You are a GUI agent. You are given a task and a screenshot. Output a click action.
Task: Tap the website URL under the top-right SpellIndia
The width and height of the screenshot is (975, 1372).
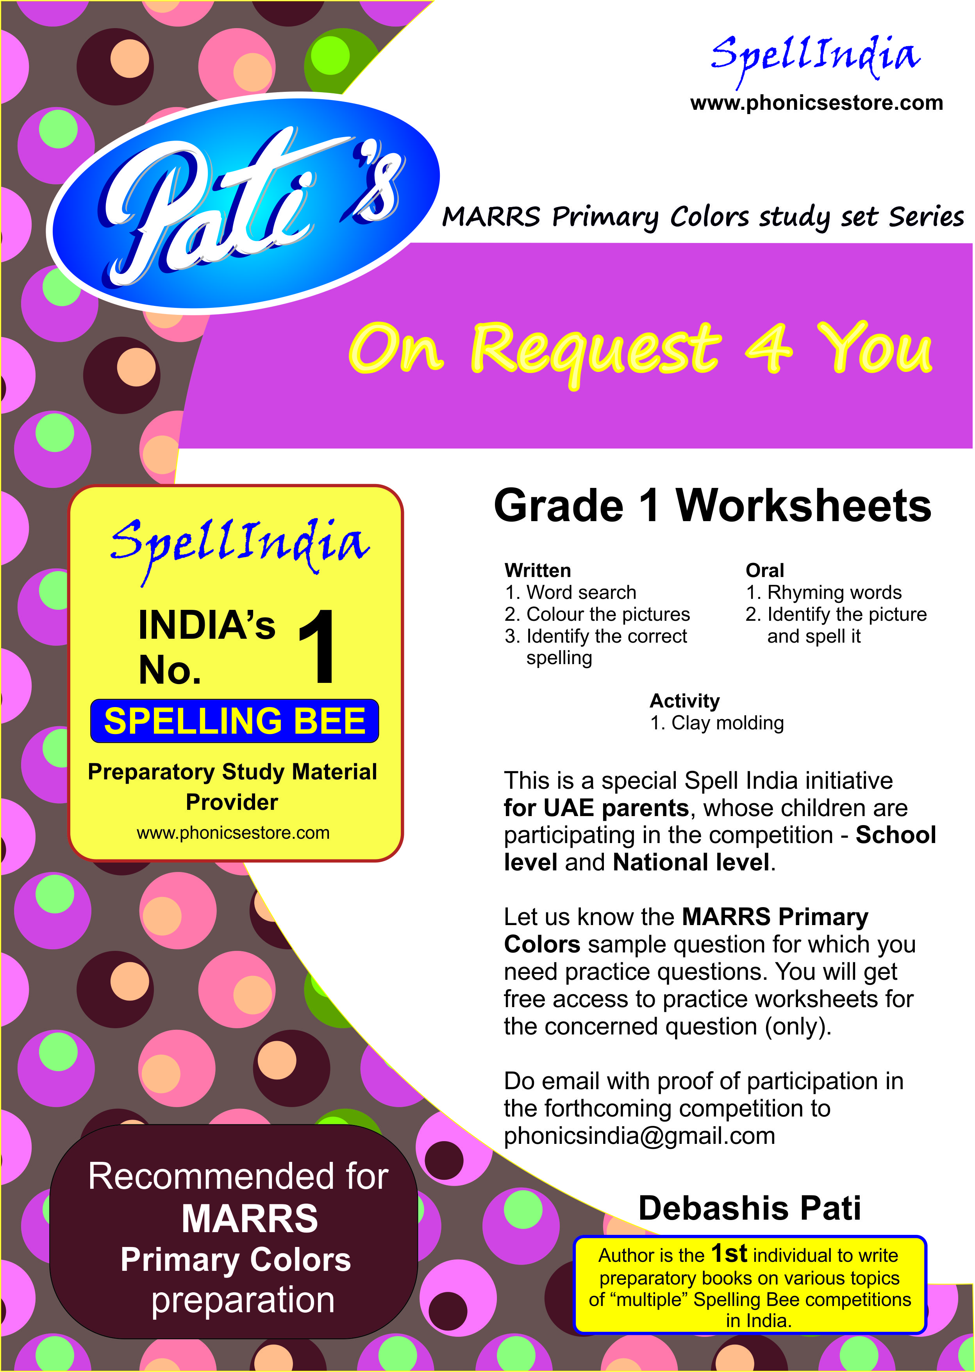(816, 103)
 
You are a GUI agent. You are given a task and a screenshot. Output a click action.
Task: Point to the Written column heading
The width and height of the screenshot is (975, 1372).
(537, 570)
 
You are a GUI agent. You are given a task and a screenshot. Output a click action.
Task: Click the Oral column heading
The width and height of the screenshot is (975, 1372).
(764, 570)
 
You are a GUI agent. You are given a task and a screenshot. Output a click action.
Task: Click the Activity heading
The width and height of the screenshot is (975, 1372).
(684, 701)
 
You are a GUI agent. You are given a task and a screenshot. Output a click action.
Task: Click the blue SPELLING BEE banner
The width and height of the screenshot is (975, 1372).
(234, 720)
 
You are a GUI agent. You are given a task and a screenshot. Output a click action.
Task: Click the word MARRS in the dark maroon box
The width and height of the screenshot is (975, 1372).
(249, 1219)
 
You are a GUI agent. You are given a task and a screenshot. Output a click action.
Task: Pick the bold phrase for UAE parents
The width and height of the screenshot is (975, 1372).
(596, 808)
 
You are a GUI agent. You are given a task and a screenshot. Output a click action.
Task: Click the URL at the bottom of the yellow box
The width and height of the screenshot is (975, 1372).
(233, 833)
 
